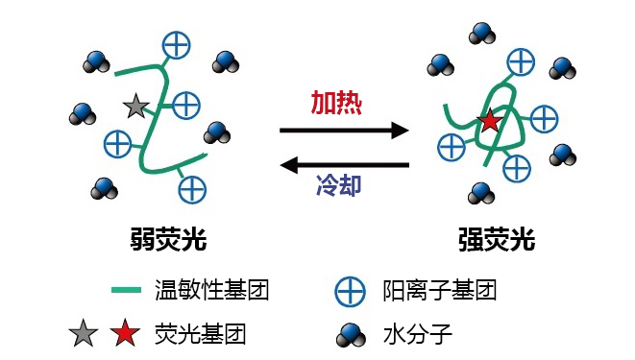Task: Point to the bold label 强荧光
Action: [x=497, y=239]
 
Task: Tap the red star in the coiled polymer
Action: [x=490, y=121]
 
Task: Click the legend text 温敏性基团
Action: [x=211, y=289]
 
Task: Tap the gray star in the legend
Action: [x=85, y=334]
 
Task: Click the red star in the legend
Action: [x=123, y=334]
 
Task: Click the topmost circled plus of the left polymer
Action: [x=175, y=43]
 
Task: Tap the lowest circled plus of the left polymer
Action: [x=192, y=188]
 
